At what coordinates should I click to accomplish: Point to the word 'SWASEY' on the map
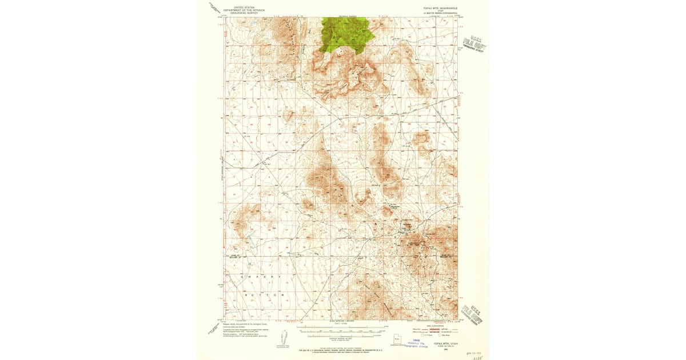tap(257, 276)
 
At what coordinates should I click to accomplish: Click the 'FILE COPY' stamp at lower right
tap(473, 314)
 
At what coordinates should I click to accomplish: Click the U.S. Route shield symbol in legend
tap(420, 336)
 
